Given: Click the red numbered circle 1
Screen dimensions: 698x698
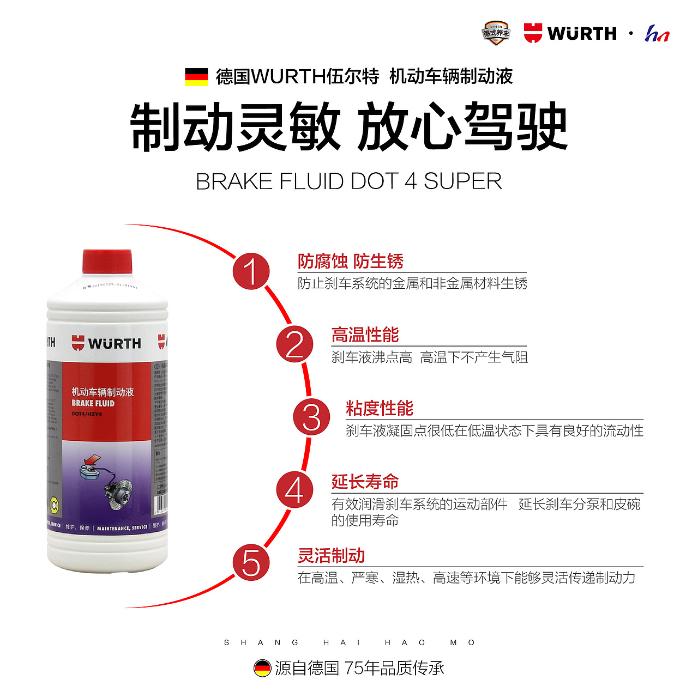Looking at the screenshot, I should [251, 271].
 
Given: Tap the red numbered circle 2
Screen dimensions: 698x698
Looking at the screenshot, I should [294, 344].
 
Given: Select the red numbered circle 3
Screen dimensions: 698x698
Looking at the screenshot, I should [311, 417].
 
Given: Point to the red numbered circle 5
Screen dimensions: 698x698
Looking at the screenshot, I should [251, 562].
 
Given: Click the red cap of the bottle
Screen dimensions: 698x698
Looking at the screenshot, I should [107, 262].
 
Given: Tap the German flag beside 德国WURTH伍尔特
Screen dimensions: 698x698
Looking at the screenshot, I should [196, 77].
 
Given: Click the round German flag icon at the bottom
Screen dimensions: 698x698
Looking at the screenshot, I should [262, 668].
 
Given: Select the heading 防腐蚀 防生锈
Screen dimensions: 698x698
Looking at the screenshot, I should [350, 262].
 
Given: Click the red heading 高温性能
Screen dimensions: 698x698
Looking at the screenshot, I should [365, 335].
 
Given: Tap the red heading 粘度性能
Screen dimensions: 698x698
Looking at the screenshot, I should [380, 408].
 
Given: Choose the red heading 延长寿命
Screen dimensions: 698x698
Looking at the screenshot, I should [365, 482].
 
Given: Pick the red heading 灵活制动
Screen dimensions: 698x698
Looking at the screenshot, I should [331, 556].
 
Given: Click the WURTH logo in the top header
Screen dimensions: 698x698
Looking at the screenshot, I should [570, 33].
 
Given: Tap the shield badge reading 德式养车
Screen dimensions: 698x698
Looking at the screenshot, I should [496, 33].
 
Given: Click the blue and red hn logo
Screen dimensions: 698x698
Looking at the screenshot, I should [657, 34].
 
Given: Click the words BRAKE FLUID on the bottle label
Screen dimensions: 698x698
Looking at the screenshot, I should [93, 403].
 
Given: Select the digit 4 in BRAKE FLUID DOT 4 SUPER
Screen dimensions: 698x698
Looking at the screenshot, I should [410, 181].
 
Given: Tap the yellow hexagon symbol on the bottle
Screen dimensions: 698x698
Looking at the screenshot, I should [55, 505].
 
